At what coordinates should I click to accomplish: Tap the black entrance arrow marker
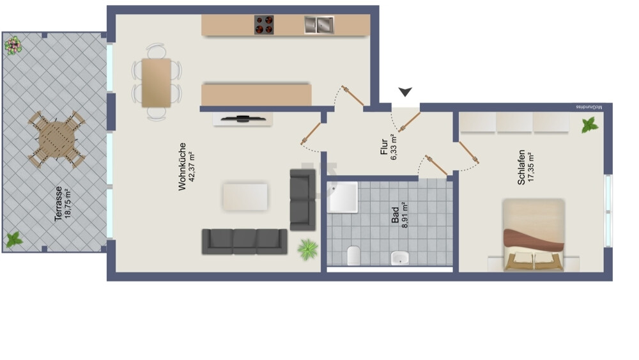pyautogui.click(x=405, y=93)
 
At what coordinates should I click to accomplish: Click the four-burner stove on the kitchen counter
pyautogui.click(x=265, y=25)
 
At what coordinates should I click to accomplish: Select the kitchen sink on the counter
pyautogui.click(x=319, y=25)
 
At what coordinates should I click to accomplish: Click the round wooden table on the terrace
pyautogui.click(x=57, y=139)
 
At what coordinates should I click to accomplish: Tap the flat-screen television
pyautogui.click(x=243, y=118)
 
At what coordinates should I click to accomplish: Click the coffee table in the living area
pyautogui.click(x=245, y=197)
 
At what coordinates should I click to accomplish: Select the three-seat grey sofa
pyautogui.click(x=245, y=241)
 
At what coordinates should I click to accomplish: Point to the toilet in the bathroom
pyautogui.click(x=354, y=255)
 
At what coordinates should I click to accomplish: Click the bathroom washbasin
pyautogui.click(x=400, y=257)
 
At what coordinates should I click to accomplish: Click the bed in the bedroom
pyautogui.click(x=534, y=235)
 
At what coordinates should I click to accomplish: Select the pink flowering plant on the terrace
pyautogui.click(x=13, y=45)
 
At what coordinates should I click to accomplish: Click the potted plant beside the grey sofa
pyautogui.click(x=308, y=249)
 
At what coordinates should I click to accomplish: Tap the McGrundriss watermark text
pyautogui.click(x=594, y=107)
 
